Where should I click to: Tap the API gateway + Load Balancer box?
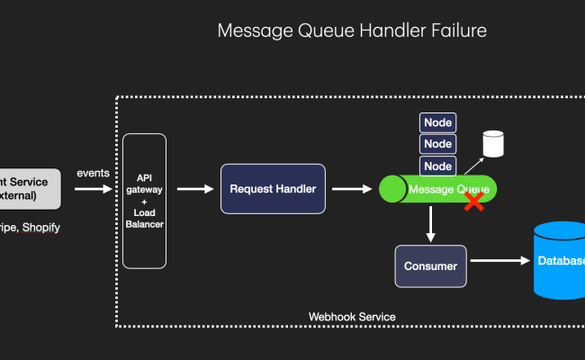(x=144, y=201)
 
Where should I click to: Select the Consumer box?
(x=429, y=265)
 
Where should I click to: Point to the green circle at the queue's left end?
(x=392, y=189)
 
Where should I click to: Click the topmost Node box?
(x=437, y=121)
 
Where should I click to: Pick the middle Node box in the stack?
(x=437, y=144)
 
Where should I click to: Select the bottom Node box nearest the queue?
(x=437, y=166)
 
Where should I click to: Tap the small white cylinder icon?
(x=492, y=143)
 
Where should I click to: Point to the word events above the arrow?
(x=94, y=173)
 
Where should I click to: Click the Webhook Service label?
(x=352, y=317)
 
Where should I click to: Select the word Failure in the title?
(x=455, y=31)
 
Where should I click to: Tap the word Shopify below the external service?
(x=41, y=228)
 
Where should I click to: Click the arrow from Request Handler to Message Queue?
(x=353, y=189)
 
